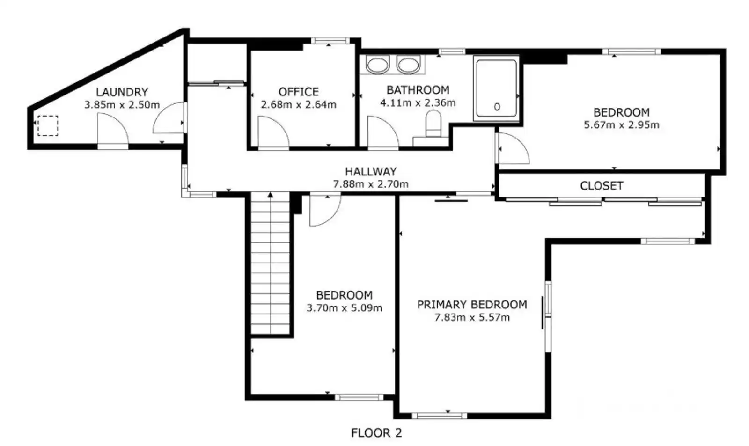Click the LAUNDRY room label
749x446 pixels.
click(122, 92)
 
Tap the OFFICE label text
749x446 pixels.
click(299, 92)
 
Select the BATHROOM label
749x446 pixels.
click(418, 90)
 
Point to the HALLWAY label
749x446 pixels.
click(371, 171)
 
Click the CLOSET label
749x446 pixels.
click(602, 186)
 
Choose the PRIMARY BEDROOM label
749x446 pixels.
click(472, 305)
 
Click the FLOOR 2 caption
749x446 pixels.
click(376, 433)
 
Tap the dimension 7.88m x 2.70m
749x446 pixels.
click(371, 184)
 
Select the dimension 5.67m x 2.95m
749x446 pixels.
click(622, 125)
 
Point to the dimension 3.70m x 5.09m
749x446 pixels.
click(345, 308)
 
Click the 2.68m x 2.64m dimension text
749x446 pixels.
click(299, 105)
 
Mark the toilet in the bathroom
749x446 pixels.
click(433, 124)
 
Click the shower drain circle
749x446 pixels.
click(497, 107)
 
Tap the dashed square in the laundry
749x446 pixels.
click(48, 126)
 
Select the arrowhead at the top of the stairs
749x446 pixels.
click(270, 195)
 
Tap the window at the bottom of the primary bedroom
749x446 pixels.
click(440, 416)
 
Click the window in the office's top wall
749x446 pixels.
click(330, 41)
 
